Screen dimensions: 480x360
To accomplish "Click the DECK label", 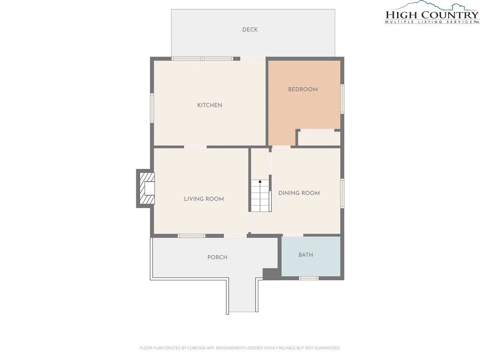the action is (250, 30).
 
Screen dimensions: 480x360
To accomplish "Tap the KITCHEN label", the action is (210, 105).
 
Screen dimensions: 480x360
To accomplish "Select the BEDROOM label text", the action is (303, 90).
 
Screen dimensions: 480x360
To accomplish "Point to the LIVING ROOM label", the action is (204, 199).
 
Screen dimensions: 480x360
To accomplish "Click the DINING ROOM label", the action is (299, 193).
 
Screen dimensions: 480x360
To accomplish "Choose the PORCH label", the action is (217, 257).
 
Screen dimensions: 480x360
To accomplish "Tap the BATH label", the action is (306, 255).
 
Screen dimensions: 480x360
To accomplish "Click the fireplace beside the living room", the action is (146, 188).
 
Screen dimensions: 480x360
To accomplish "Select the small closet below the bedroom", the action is (319, 138).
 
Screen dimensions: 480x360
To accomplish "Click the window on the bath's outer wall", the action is (308, 278).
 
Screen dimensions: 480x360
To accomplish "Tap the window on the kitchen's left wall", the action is (152, 108).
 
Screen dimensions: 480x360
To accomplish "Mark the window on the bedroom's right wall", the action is (343, 99).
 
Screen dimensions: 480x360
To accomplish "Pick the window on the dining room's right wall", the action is (343, 193).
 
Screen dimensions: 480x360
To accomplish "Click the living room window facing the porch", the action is (191, 236).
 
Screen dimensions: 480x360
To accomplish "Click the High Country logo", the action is (432, 13).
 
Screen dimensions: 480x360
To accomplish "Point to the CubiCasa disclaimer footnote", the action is (240, 348).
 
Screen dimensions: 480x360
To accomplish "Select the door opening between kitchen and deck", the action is (253, 59).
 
